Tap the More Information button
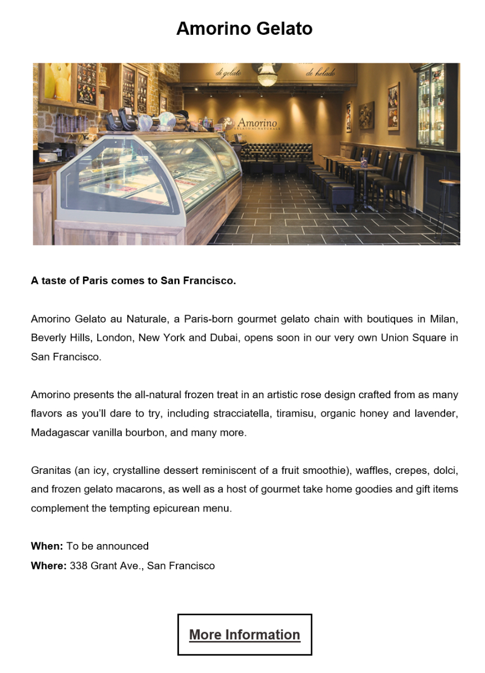coord(245,634)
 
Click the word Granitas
coord(50,471)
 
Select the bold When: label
coord(47,546)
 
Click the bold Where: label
coord(49,566)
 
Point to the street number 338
coord(79,566)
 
